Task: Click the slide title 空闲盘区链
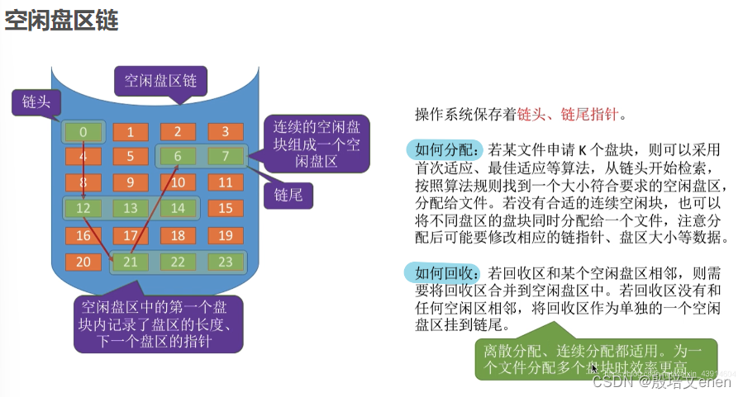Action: (x=62, y=21)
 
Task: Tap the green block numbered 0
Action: (x=83, y=132)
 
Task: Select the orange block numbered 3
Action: (x=225, y=132)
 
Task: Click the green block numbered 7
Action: (x=225, y=157)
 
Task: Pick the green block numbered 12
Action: (x=83, y=209)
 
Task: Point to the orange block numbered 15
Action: (x=225, y=209)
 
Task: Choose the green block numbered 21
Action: (x=131, y=262)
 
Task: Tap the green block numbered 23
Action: (x=225, y=262)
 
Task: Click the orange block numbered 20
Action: (x=83, y=262)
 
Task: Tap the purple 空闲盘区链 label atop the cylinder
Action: (x=160, y=81)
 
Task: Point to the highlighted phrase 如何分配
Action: (x=445, y=150)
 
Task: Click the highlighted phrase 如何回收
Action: (x=444, y=272)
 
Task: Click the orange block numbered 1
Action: (x=131, y=132)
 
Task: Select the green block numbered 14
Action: (x=178, y=209)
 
